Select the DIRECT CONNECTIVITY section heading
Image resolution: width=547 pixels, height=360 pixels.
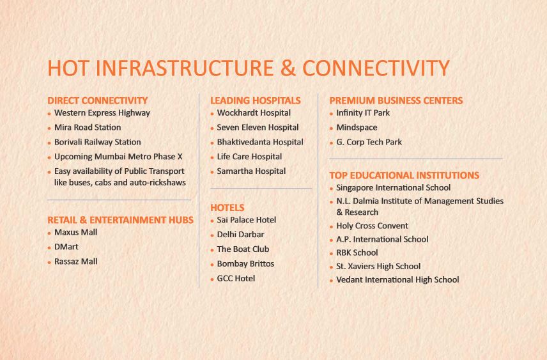tap(97, 100)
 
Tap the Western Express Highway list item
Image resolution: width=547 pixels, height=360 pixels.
tap(102, 113)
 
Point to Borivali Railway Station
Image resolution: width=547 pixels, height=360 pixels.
tap(97, 142)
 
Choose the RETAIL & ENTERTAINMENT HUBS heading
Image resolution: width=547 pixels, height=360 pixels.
tap(120, 220)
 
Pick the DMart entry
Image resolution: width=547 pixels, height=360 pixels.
tap(66, 247)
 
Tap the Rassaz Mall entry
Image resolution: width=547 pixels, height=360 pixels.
tap(75, 262)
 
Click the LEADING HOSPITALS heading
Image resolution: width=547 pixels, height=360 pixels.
tap(255, 100)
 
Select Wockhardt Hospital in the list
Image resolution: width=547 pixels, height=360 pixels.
tap(254, 113)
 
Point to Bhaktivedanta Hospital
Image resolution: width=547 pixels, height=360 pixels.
tap(260, 142)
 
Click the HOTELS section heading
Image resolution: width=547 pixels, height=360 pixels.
tap(227, 207)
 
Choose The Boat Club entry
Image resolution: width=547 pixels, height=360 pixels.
tap(243, 249)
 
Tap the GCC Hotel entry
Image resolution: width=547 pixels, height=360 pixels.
tap(236, 278)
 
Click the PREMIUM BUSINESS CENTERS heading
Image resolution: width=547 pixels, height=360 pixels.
tap(396, 100)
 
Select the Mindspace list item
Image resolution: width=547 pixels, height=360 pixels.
tap(357, 128)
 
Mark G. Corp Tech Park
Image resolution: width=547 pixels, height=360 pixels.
tap(369, 142)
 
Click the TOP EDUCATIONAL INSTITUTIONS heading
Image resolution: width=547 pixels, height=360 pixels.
tap(404, 175)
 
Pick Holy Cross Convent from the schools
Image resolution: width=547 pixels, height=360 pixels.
tap(372, 226)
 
